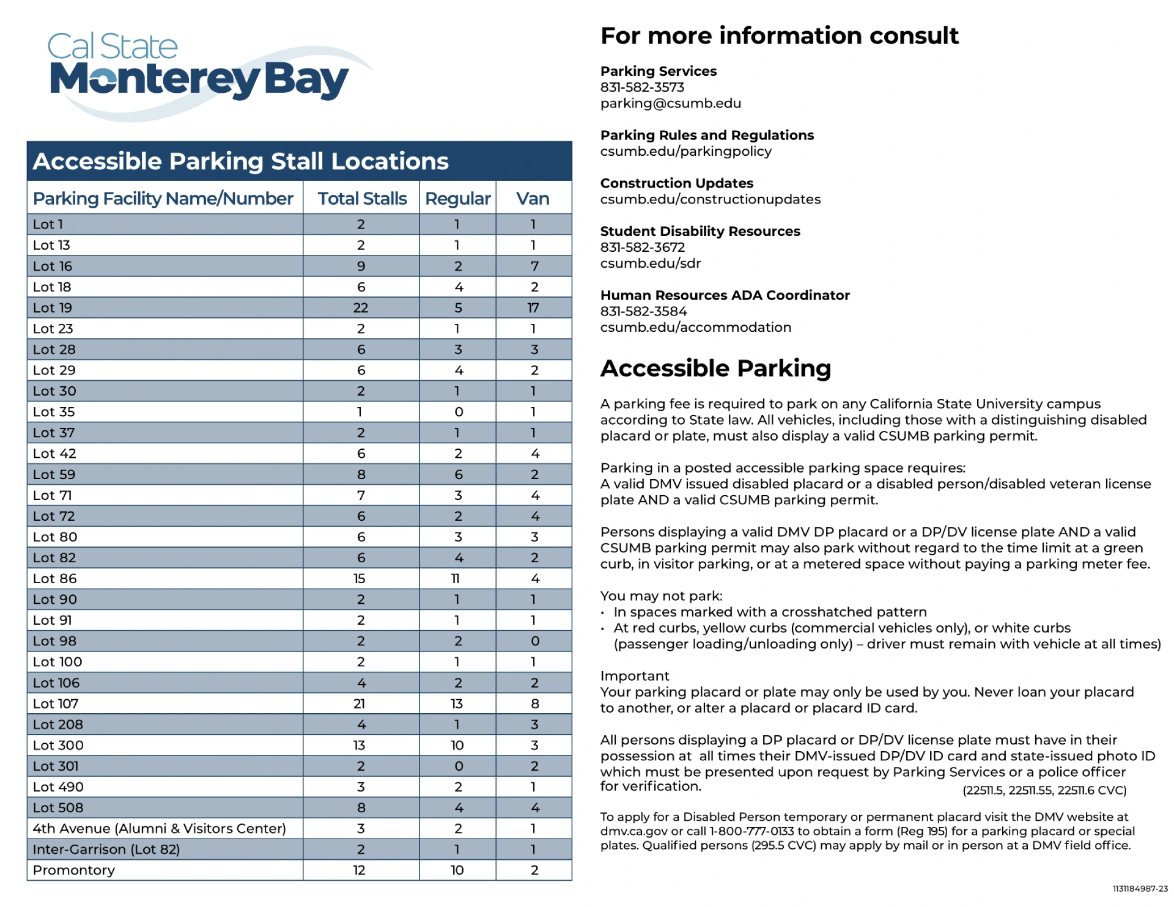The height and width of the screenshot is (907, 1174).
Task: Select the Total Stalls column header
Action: click(x=362, y=199)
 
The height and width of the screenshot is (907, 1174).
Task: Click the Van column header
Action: click(x=533, y=199)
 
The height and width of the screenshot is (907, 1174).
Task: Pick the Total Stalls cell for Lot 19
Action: click(x=361, y=308)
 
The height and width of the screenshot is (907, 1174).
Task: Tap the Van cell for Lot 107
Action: click(x=534, y=703)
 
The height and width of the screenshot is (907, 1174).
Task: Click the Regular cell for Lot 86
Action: click(x=456, y=579)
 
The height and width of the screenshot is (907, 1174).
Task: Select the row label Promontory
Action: click(x=74, y=870)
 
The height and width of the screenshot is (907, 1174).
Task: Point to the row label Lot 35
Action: click(x=54, y=412)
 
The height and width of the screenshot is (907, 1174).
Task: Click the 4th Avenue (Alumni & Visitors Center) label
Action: click(x=159, y=829)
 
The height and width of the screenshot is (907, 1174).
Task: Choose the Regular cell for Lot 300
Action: click(x=457, y=746)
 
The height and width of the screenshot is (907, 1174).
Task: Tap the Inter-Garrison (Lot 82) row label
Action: click(x=106, y=850)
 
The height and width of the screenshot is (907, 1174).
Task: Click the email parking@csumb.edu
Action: click(x=670, y=103)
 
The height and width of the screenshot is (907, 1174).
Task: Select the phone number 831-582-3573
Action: click(x=642, y=87)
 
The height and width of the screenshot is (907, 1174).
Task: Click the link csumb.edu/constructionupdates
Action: click(x=710, y=199)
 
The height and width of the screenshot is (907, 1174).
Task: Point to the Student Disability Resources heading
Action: click(x=700, y=231)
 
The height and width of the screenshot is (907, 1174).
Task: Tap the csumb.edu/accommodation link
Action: click(x=695, y=328)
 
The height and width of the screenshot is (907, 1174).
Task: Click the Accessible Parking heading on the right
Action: click(x=715, y=369)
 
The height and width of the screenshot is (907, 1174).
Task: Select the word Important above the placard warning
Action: click(x=635, y=676)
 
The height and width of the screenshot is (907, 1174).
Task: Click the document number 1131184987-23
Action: click(x=1139, y=889)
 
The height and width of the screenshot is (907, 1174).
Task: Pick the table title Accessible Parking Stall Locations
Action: click(x=241, y=161)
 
